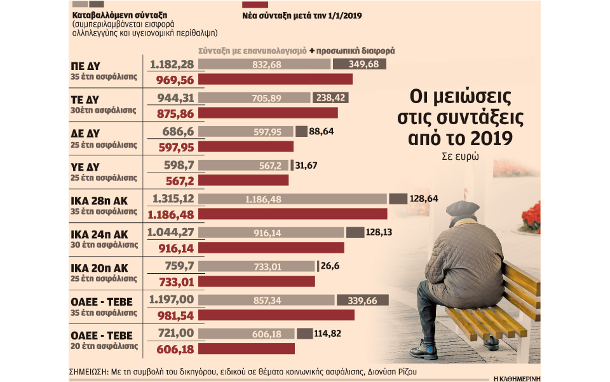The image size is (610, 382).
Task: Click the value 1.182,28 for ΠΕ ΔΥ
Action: click(173, 65)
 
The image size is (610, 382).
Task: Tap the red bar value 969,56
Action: click(173, 79)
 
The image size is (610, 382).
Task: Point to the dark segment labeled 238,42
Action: click(329, 98)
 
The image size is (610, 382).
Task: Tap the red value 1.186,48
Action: click(173, 213)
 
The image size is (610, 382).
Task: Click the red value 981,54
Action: click(173, 315)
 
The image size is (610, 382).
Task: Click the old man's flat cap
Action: click(462, 208)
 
